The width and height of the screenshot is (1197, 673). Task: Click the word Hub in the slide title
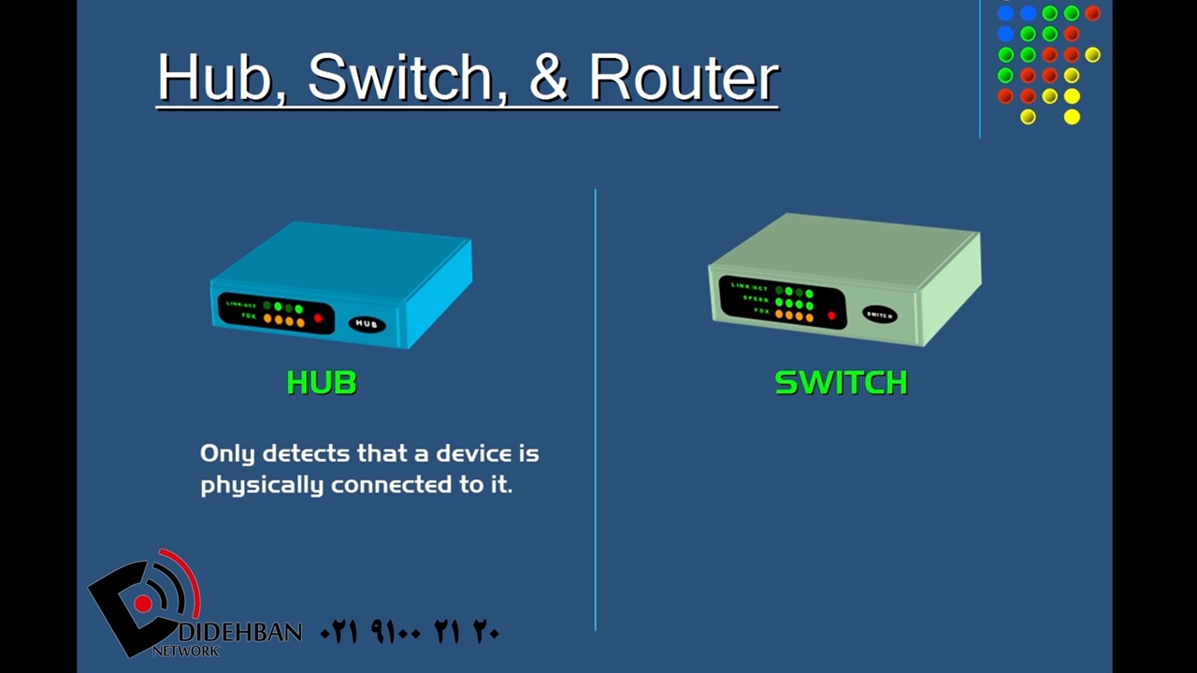(214, 78)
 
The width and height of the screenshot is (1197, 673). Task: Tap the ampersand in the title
(549, 78)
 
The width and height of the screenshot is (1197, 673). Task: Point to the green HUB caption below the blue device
(322, 383)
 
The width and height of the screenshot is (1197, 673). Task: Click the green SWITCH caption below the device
(841, 383)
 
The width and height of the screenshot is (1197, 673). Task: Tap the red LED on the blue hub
(318, 319)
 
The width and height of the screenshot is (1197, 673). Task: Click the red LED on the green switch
(830, 316)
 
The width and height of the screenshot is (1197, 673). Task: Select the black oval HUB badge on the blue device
(367, 324)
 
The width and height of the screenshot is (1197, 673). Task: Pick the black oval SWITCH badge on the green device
(879, 315)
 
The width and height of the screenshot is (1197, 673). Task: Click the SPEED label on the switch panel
(756, 298)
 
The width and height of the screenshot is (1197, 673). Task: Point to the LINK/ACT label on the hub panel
(241, 305)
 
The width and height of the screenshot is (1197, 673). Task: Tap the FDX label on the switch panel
(761, 310)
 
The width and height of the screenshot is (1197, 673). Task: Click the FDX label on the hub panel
(249, 317)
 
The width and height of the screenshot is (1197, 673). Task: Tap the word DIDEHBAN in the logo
(240, 633)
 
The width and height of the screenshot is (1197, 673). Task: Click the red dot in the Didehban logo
(143, 604)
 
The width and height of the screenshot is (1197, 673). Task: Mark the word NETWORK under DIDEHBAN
(185, 650)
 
